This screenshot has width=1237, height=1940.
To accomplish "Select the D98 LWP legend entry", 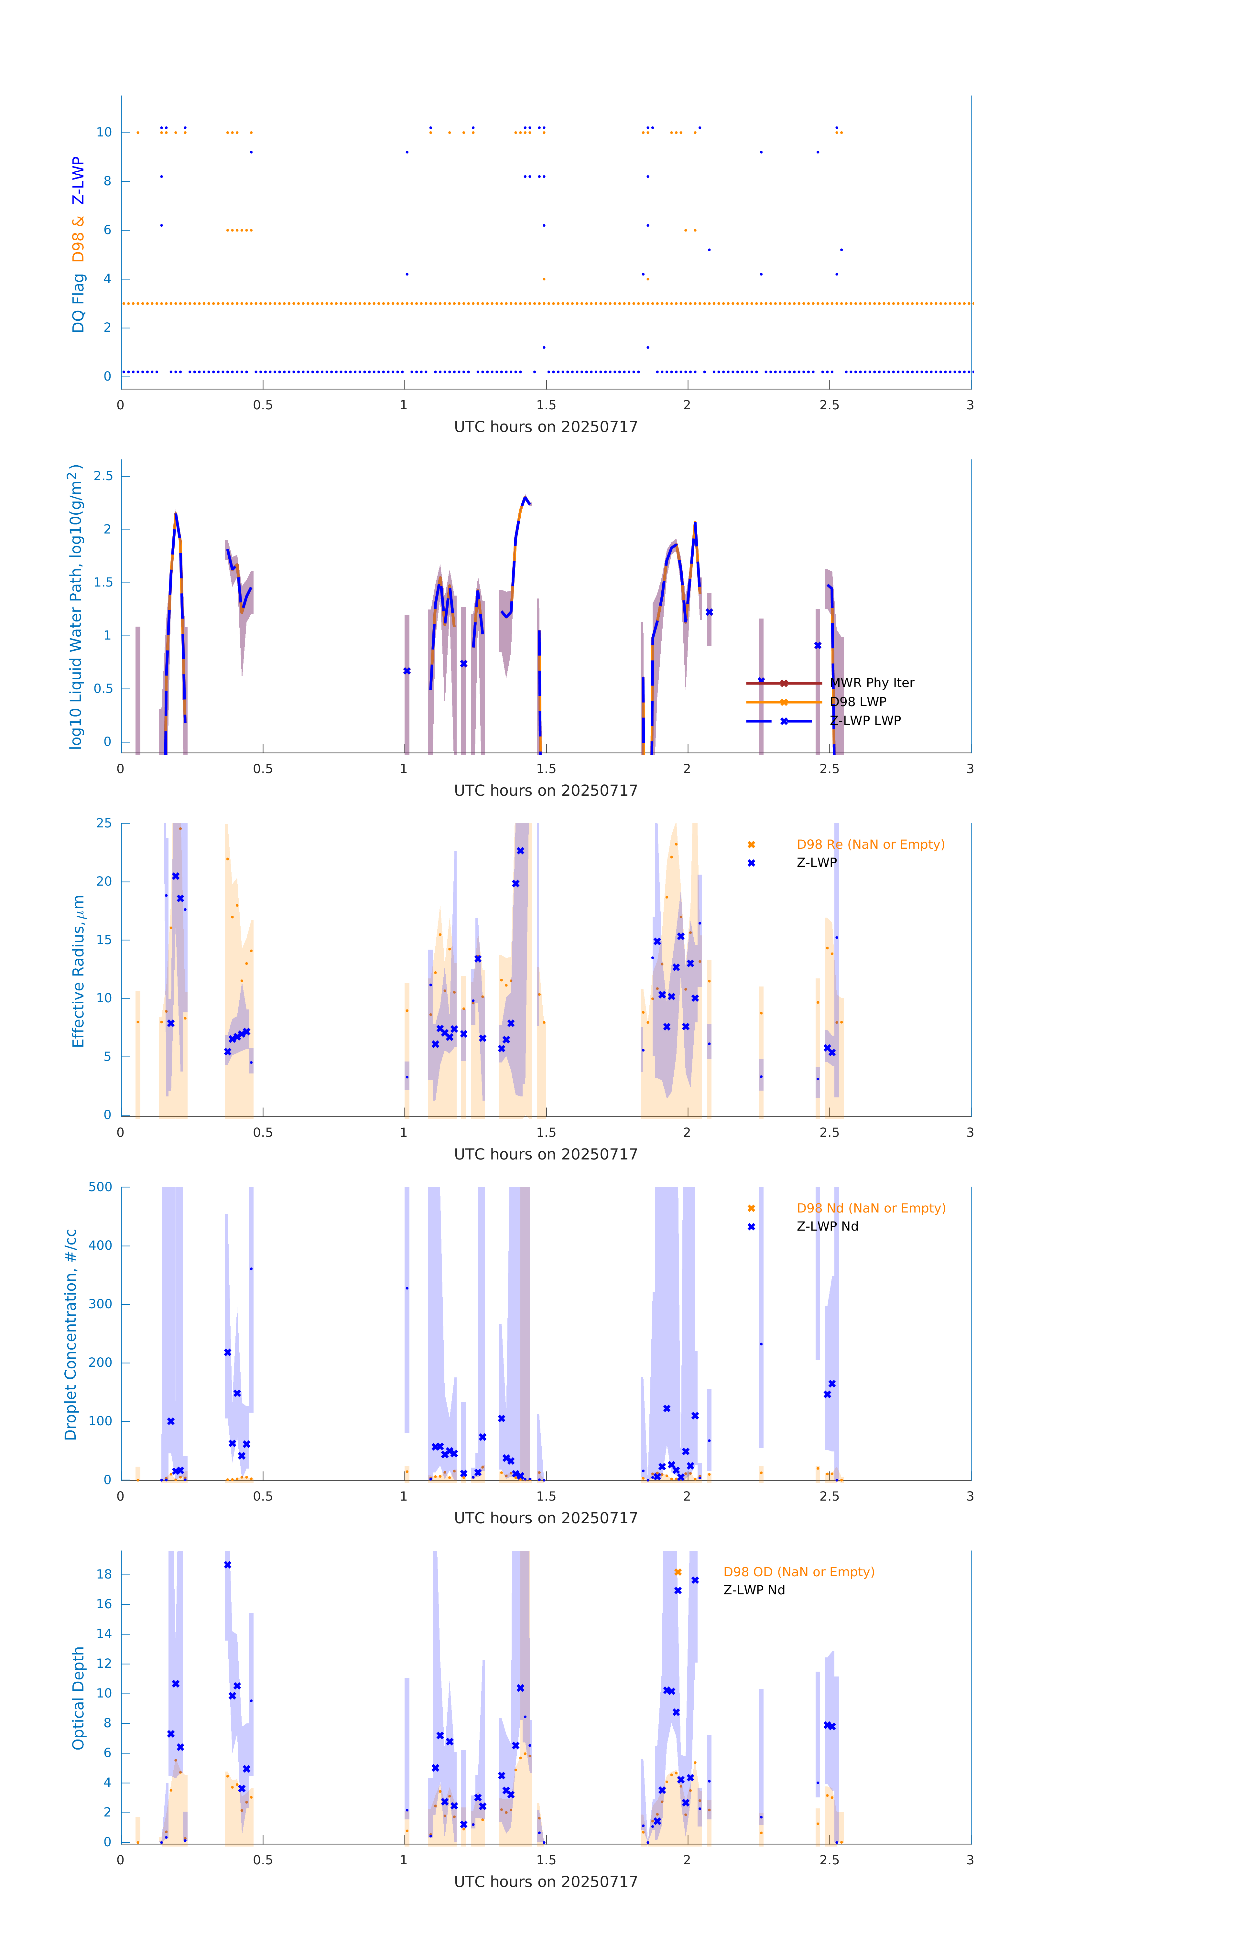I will coord(857,702).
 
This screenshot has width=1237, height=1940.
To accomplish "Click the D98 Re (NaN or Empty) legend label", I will coord(870,844).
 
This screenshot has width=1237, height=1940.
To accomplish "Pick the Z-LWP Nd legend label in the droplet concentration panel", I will coord(827,1226).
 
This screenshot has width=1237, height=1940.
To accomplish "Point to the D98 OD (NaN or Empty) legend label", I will coord(798,1572).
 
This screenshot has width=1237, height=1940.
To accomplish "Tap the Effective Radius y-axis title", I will coord(78,971).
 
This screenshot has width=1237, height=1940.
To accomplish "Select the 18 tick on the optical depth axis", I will coord(104,1574).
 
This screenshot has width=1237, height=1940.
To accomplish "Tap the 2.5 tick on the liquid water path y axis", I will coord(103,476).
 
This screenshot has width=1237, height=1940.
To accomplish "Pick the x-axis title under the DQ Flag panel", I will coord(546,427).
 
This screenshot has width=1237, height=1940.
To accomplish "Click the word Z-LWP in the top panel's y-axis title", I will coord(78,181).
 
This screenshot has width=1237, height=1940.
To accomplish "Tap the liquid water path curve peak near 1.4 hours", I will coord(525,498).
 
